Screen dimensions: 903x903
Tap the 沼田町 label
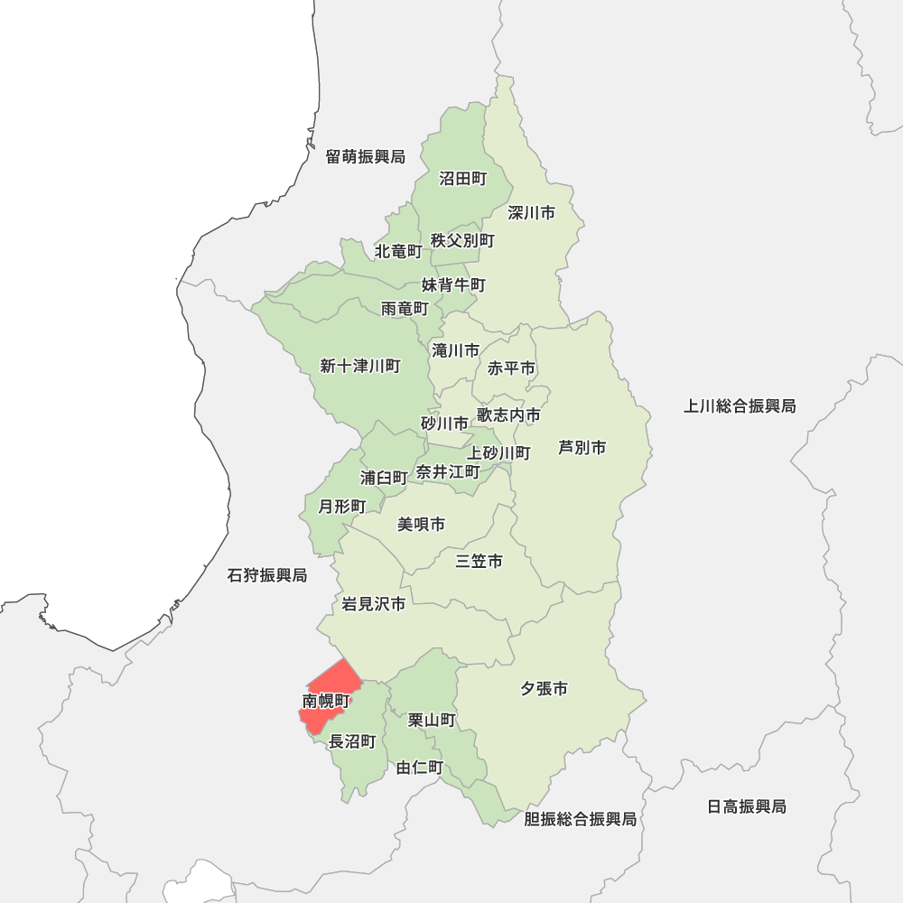(462, 179)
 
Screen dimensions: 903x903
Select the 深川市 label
(531, 213)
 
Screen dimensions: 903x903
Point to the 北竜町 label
(398, 250)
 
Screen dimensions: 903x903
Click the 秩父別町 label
(462, 240)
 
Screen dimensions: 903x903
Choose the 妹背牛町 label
(453, 285)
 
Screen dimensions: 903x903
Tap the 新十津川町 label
(359, 366)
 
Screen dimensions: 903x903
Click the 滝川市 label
(455, 350)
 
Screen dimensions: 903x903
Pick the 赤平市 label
(511, 368)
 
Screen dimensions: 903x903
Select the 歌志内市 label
(508, 414)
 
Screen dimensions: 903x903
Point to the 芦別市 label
(582, 447)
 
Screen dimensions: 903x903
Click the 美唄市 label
(421, 524)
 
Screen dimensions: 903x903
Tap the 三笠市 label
(479, 562)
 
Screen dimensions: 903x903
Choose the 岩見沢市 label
(373, 603)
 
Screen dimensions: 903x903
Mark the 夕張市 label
(544, 689)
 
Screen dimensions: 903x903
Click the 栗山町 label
(432, 720)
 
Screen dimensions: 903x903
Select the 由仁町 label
(420, 768)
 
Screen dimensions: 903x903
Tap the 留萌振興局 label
(366, 157)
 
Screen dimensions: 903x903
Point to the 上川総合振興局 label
(740, 406)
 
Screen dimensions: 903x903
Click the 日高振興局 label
(747, 806)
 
